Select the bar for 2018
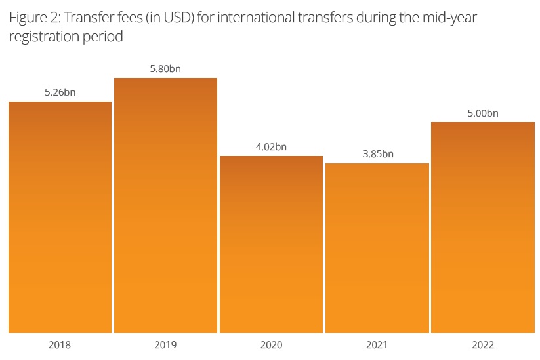[x=60, y=217]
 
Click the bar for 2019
[x=165, y=205]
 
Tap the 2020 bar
[x=271, y=244]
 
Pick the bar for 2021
[x=377, y=248]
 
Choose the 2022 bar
[x=483, y=227]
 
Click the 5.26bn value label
[x=60, y=92]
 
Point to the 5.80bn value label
[x=165, y=69]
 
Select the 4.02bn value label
[x=271, y=146]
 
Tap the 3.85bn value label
[x=377, y=154]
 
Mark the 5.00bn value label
[x=483, y=113]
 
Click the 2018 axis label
[x=60, y=345]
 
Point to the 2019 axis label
[x=165, y=345]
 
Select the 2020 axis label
[x=271, y=345]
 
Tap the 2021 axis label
[x=377, y=345]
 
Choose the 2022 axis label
[x=483, y=345]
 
